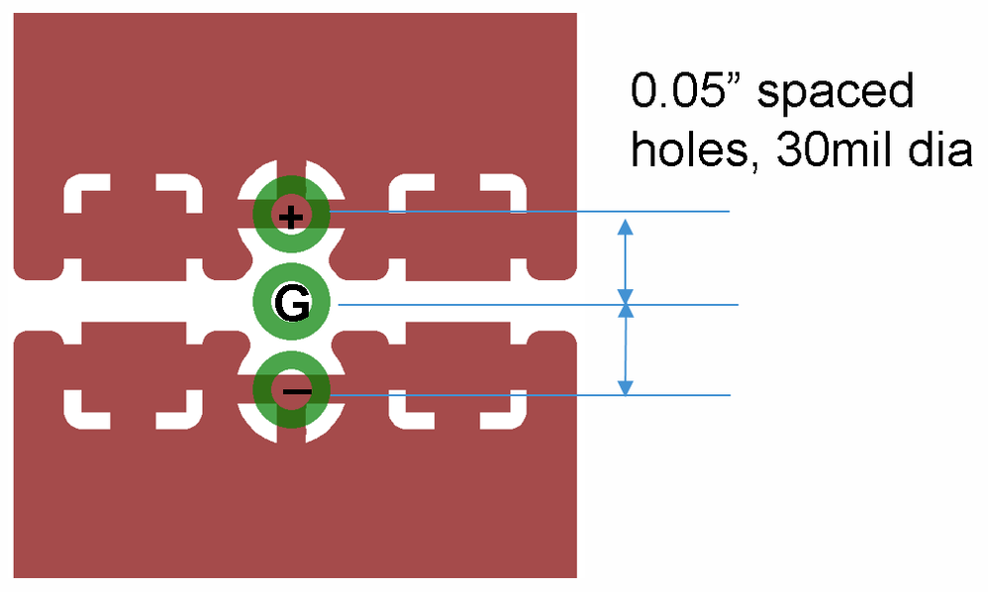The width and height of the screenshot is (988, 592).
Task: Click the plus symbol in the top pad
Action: [290, 216]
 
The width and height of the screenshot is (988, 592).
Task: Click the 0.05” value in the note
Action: [686, 93]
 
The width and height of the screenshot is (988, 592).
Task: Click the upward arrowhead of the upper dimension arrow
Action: [624, 228]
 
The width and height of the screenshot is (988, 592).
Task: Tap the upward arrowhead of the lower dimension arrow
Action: [624, 314]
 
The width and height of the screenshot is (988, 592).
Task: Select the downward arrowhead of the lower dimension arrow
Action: [624, 386]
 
